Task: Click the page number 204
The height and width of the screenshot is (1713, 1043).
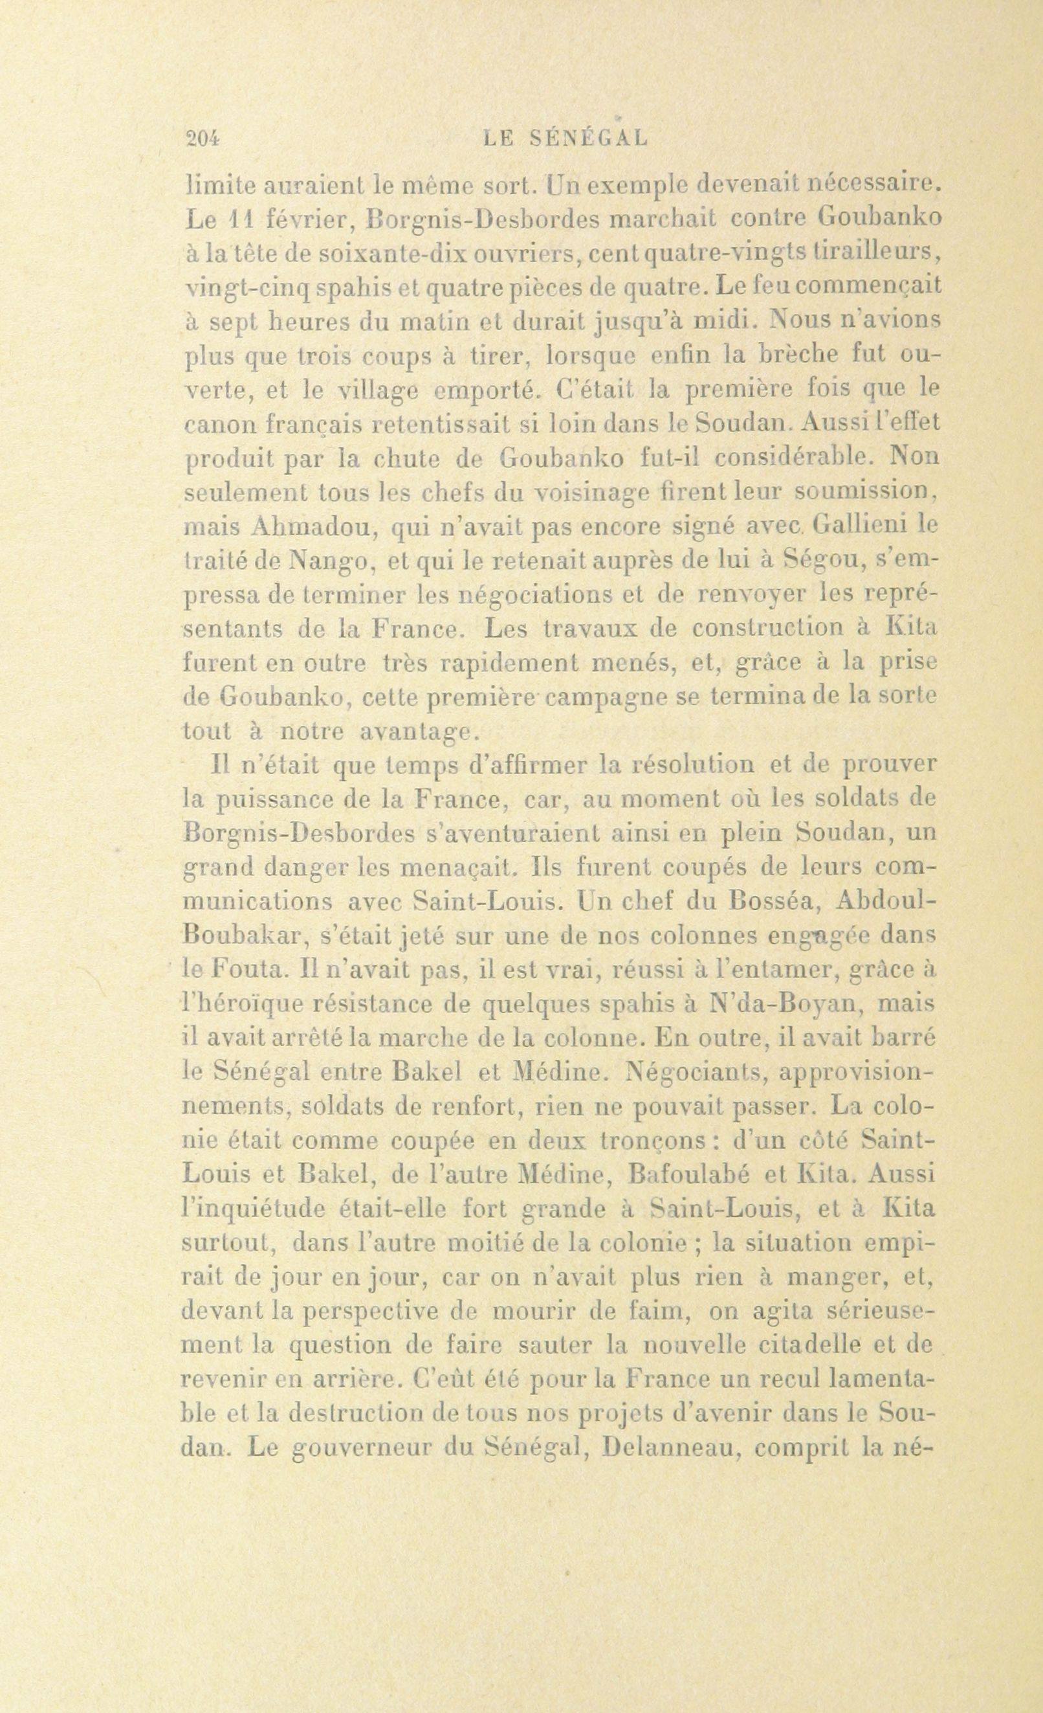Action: pyautogui.click(x=203, y=138)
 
